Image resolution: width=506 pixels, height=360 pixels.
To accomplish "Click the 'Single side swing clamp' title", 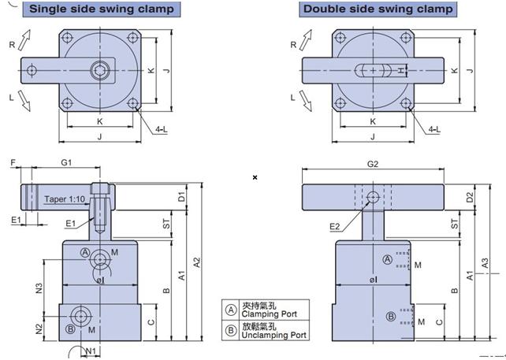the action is (102, 9).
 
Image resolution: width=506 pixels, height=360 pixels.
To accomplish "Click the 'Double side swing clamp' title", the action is (378, 9).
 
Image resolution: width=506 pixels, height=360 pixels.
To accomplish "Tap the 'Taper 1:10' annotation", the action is (65, 199).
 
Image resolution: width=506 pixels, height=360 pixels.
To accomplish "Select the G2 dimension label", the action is (373, 164).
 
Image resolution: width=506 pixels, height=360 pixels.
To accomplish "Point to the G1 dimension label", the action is (66, 162).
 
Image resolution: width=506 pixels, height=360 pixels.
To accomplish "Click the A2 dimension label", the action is (197, 262).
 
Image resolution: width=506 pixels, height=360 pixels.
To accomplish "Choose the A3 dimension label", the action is (485, 263).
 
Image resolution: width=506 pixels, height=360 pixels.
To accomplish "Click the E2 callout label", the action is (335, 226).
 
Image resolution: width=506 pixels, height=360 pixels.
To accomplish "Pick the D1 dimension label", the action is (182, 196).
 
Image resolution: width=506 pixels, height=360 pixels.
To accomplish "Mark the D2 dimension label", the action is (470, 197).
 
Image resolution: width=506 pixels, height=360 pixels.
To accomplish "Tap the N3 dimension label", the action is (39, 288).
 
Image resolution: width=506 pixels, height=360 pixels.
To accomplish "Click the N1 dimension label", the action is (91, 351).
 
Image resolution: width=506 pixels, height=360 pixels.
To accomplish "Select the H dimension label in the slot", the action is (401, 70).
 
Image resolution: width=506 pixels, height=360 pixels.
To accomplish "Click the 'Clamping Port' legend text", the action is (269, 314).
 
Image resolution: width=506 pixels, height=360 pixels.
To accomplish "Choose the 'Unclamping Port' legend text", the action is (273, 335).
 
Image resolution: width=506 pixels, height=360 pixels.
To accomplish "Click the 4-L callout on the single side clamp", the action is (162, 129).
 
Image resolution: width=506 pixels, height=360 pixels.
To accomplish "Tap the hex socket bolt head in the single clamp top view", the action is (100, 70).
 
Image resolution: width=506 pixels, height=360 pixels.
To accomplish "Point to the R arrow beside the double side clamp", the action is (306, 40).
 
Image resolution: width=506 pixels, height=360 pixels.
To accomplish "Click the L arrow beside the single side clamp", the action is (24, 101).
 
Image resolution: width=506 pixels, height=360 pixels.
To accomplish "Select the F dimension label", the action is (13, 162).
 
